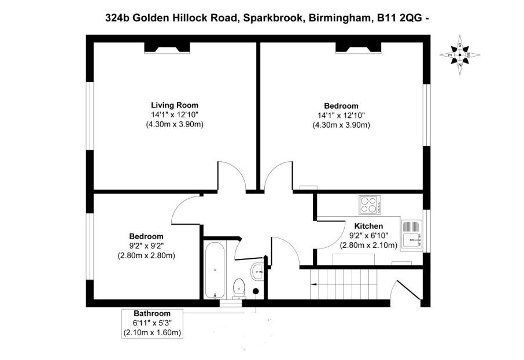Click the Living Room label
(175, 105)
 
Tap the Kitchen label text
(368, 226)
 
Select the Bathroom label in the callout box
(152, 314)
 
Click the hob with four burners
(370, 205)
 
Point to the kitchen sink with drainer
(412, 235)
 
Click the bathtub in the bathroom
(215, 271)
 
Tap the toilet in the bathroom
(239, 289)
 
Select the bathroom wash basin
(257, 272)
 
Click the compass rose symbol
(460, 55)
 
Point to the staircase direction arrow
(314, 284)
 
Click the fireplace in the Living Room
(167, 48)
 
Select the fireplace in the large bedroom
(358, 48)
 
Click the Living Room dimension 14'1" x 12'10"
(175, 115)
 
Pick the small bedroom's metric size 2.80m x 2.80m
(146, 256)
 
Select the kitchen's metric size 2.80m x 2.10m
(368, 246)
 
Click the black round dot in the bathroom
(256, 291)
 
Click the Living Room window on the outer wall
(90, 116)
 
